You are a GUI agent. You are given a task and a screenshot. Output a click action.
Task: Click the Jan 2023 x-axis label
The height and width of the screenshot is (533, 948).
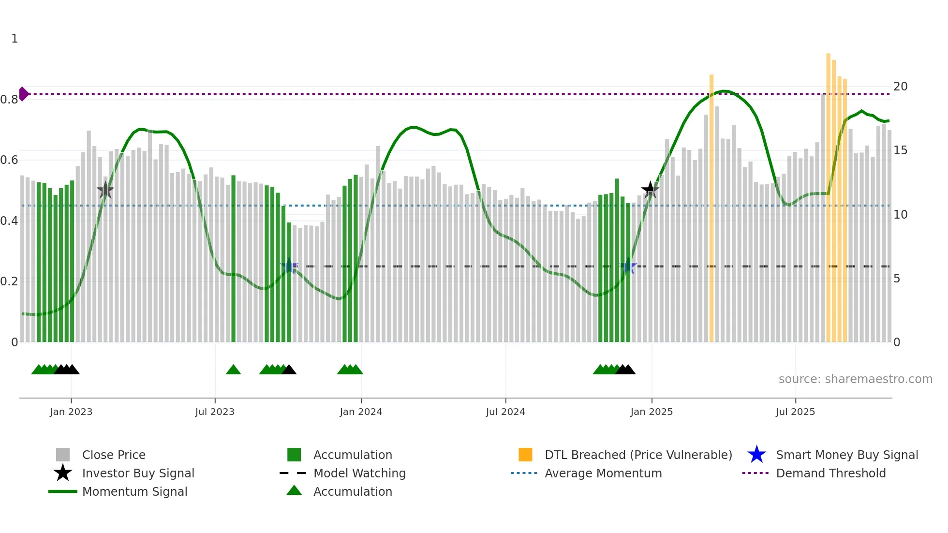(x=71, y=412)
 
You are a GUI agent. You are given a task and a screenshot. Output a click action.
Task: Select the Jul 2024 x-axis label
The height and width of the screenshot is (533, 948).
(x=505, y=412)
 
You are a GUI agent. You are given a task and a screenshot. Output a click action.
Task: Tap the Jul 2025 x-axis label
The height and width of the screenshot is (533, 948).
(x=795, y=412)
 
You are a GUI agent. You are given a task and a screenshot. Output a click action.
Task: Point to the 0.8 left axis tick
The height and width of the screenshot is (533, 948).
(x=9, y=100)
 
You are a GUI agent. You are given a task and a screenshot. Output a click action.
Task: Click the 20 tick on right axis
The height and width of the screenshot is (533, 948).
(x=900, y=87)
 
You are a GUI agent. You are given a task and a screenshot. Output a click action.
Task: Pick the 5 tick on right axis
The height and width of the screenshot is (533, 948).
(x=897, y=279)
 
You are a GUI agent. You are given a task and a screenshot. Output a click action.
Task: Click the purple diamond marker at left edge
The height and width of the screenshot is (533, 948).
(x=23, y=94)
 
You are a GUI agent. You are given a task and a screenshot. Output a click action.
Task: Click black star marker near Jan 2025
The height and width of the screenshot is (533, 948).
(x=650, y=190)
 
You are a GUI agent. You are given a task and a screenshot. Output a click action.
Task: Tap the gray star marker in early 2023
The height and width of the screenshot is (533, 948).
(x=105, y=190)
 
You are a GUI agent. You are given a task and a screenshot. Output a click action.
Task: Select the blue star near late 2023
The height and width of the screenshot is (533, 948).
(x=289, y=266)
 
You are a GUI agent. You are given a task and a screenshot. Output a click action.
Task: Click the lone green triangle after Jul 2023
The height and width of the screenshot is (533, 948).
(x=233, y=370)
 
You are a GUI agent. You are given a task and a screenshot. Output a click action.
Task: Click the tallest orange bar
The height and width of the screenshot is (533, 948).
(x=828, y=193)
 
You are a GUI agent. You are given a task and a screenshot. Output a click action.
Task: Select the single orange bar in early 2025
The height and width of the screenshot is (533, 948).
(x=711, y=208)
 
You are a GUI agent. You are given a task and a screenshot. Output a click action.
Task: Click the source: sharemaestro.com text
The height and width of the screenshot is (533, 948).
(x=855, y=379)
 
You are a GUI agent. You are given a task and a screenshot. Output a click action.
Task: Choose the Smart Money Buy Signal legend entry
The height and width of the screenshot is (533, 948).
(x=846, y=455)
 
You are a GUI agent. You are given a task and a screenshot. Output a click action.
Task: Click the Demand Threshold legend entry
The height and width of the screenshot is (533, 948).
(x=830, y=473)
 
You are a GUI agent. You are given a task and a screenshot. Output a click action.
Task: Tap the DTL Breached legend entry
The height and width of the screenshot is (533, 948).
(x=638, y=455)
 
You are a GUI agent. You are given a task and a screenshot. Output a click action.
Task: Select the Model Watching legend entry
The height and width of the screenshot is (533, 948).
(x=359, y=473)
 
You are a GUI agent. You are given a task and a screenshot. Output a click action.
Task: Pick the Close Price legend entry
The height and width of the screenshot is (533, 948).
(x=113, y=455)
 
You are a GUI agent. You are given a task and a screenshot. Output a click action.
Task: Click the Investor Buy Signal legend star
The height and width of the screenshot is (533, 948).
(x=63, y=473)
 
